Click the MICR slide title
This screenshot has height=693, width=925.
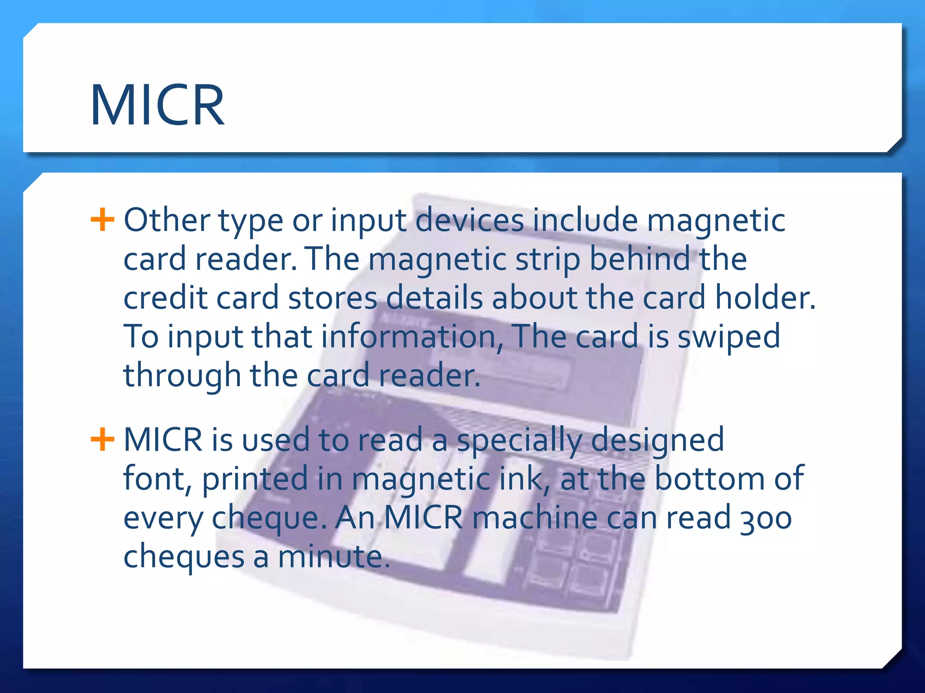[157, 106]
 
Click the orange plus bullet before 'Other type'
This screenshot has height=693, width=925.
[102, 220]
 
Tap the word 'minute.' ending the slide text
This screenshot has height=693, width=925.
[333, 556]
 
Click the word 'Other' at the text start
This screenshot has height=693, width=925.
[167, 220]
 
